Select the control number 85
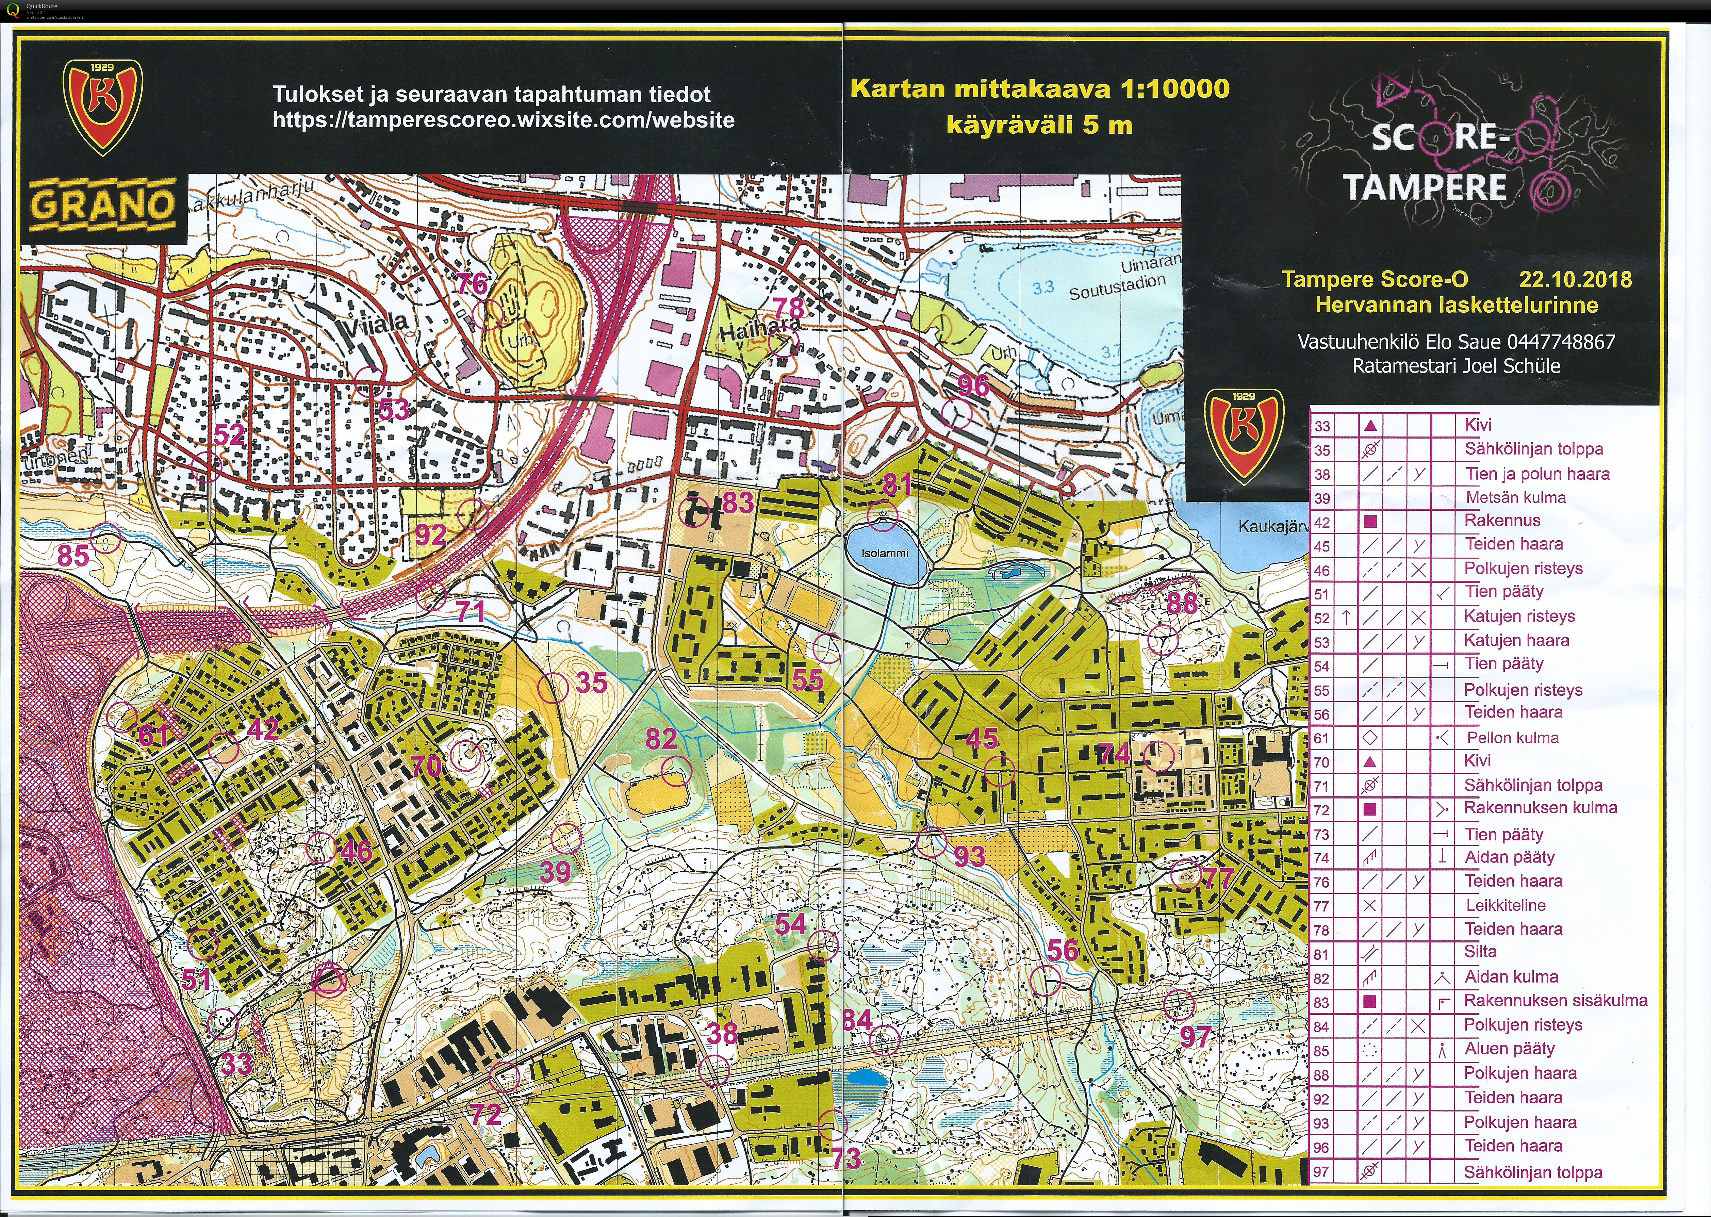click(73, 555)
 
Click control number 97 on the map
click(1195, 1037)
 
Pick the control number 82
click(661, 740)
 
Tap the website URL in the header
click(503, 120)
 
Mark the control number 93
click(969, 856)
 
